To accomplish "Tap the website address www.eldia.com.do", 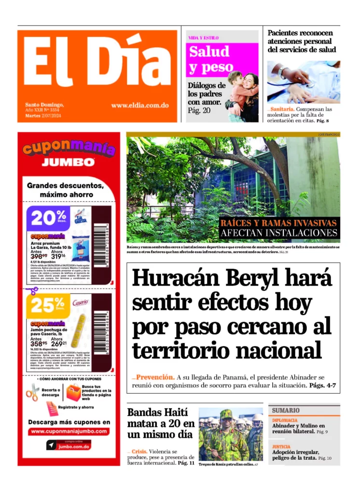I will pos(139,105).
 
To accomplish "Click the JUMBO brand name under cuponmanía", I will pos(68,162).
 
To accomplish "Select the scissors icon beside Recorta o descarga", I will pos(32,392).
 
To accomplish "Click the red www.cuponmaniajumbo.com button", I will pos(69,432).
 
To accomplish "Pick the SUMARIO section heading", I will pos(286,410).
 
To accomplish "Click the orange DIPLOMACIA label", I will pos(285,420).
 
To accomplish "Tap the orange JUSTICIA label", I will pos(281,447).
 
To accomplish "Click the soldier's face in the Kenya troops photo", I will pos(226,418).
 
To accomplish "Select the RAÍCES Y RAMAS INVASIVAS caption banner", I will pos(278,228).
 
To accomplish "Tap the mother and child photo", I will pos(242,94).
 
